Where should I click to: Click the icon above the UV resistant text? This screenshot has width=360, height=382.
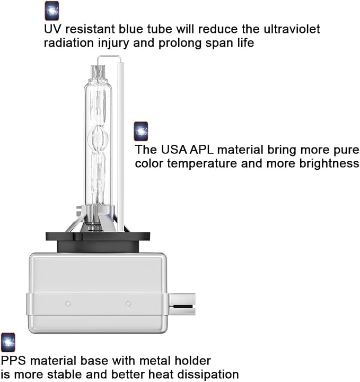[52, 11]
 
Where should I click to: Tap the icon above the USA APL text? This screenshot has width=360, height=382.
[141, 132]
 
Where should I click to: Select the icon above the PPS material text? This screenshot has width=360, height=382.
[8, 342]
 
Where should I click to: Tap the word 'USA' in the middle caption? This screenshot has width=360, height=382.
[174, 150]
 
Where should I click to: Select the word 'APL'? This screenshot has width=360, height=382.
[201, 150]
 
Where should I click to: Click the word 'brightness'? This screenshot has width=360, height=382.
[329, 163]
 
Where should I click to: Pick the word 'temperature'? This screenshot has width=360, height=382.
[202, 164]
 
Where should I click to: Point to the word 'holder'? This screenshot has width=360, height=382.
[193, 361]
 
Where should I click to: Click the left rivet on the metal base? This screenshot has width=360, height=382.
[68, 304]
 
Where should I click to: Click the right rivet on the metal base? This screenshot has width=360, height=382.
[128, 304]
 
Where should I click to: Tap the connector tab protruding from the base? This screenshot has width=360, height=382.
[182, 304]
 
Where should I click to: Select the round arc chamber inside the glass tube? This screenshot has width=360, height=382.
[98, 137]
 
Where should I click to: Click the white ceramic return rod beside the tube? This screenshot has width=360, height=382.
[120, 147]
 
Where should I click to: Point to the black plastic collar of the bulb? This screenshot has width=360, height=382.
[98, 242]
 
